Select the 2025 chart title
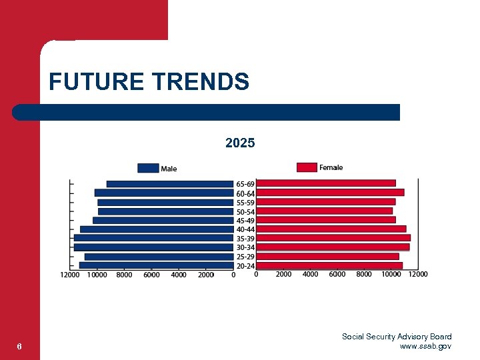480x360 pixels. [x=240, y=143]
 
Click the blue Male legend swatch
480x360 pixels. [x=148, y=168]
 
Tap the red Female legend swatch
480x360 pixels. [x=307, y=167]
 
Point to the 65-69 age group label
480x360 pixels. [x=245, y=184]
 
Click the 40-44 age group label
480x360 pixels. [x=245, y=229]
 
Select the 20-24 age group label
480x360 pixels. [x=245, y=267]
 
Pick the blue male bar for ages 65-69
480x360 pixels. [x=170, y=184]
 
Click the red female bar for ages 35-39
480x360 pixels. [x=333, y=238]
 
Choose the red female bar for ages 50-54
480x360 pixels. [x=325, y=211]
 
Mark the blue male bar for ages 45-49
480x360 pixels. [x=163, y=220]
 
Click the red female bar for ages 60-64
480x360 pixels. [x=330, y=193]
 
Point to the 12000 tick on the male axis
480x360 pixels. [x=69, y=275]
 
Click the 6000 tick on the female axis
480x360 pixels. [x=337, y=274]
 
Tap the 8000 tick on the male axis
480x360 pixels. [x=124, y=275]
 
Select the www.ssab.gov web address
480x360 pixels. [x=425, y=346]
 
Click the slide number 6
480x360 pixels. [x=20, y=346]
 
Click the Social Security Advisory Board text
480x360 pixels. [x=397, y=337]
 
